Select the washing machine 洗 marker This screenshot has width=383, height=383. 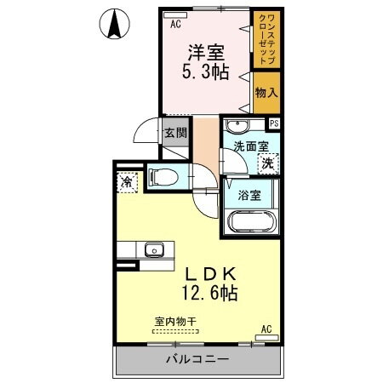pyautogui.click(x=268, y=162)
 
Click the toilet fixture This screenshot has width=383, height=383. pyautogui.click(x=164, y=177)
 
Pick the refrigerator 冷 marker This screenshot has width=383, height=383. pyautogui.click(x=127, y=180)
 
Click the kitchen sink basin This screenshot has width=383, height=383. pyautogui.click(x=154, y=250)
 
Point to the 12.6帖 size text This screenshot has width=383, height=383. pyautogui.click(x=208, y=294)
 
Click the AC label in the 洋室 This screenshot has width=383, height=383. pyautogui.click(x=175, y=25)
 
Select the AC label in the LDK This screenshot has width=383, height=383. pyautogui.click(x=266, y=329)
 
